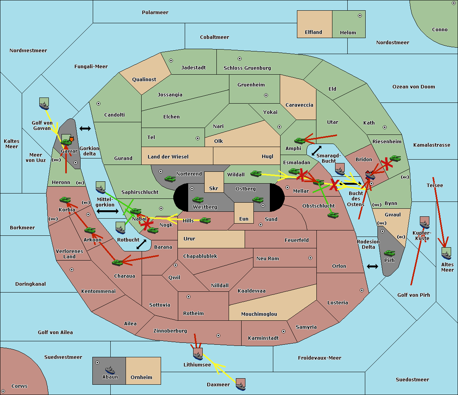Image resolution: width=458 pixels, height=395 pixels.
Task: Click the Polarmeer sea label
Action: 155,13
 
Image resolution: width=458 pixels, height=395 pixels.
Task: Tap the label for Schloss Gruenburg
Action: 247,68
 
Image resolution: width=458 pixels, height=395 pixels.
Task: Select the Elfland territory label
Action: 313,32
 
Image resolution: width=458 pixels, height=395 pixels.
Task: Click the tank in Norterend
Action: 170,179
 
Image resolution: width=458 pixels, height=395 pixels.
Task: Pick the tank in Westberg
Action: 198,200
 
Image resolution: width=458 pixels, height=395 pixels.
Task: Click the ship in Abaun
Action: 110,370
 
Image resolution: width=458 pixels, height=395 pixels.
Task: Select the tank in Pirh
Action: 389,253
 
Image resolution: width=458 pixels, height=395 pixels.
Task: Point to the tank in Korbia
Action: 65,200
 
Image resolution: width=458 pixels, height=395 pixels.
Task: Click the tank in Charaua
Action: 118,262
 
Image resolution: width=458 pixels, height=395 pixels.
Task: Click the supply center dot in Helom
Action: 360,16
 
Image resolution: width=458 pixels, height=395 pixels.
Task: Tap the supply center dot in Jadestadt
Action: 171,61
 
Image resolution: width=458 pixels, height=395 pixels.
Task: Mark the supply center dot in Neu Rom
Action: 310,258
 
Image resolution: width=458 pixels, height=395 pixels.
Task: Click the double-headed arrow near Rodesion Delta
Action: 373,267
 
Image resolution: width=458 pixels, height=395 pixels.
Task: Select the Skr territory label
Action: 214,188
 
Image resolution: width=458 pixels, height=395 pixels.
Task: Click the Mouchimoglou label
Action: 259,314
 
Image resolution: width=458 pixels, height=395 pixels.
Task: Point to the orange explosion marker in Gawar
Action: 71,139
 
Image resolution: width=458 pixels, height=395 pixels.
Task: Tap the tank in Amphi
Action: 300,141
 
